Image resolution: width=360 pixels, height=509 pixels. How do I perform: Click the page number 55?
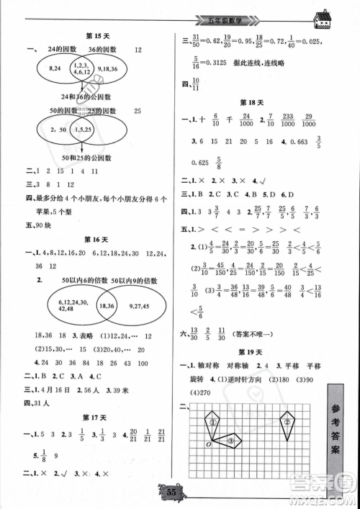pyautogui.click(x=172, y=492)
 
